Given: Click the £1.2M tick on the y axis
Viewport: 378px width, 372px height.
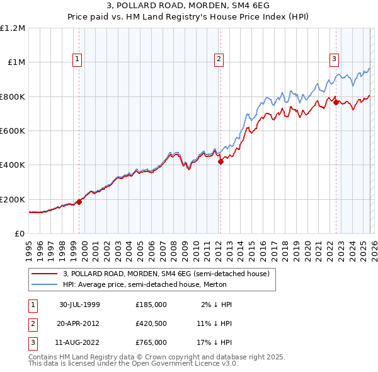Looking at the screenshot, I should tap(13, 28).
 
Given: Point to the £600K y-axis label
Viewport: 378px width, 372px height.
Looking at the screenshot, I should tap(13, 131).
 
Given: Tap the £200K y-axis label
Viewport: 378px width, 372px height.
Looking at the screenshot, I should tap(13, 199).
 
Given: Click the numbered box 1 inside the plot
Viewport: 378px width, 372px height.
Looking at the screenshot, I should tap(77, 59).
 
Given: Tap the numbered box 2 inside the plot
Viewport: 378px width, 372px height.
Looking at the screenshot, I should tap(219, 59).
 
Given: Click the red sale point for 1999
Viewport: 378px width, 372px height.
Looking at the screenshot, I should tap(79, 202).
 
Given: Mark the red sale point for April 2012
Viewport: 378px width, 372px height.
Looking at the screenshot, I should tap(221, 161).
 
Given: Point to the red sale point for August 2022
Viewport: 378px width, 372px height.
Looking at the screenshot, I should tap(336, 102).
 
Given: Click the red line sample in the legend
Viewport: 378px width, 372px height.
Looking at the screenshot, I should tap(44, 274).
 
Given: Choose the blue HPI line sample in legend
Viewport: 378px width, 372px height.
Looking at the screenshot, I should tap(44, 284).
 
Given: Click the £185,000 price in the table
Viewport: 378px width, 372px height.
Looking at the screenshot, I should tap(151, 305).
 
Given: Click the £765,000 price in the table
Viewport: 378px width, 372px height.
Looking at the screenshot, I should tap(151, 342).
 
